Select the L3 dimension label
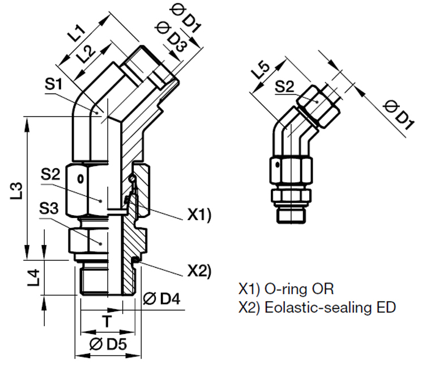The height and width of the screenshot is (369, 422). pos(17,190)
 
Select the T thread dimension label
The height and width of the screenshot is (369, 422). pos(105,320)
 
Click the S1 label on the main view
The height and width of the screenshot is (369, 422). pos(54,85)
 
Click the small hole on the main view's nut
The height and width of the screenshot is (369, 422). pos(80,179)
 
